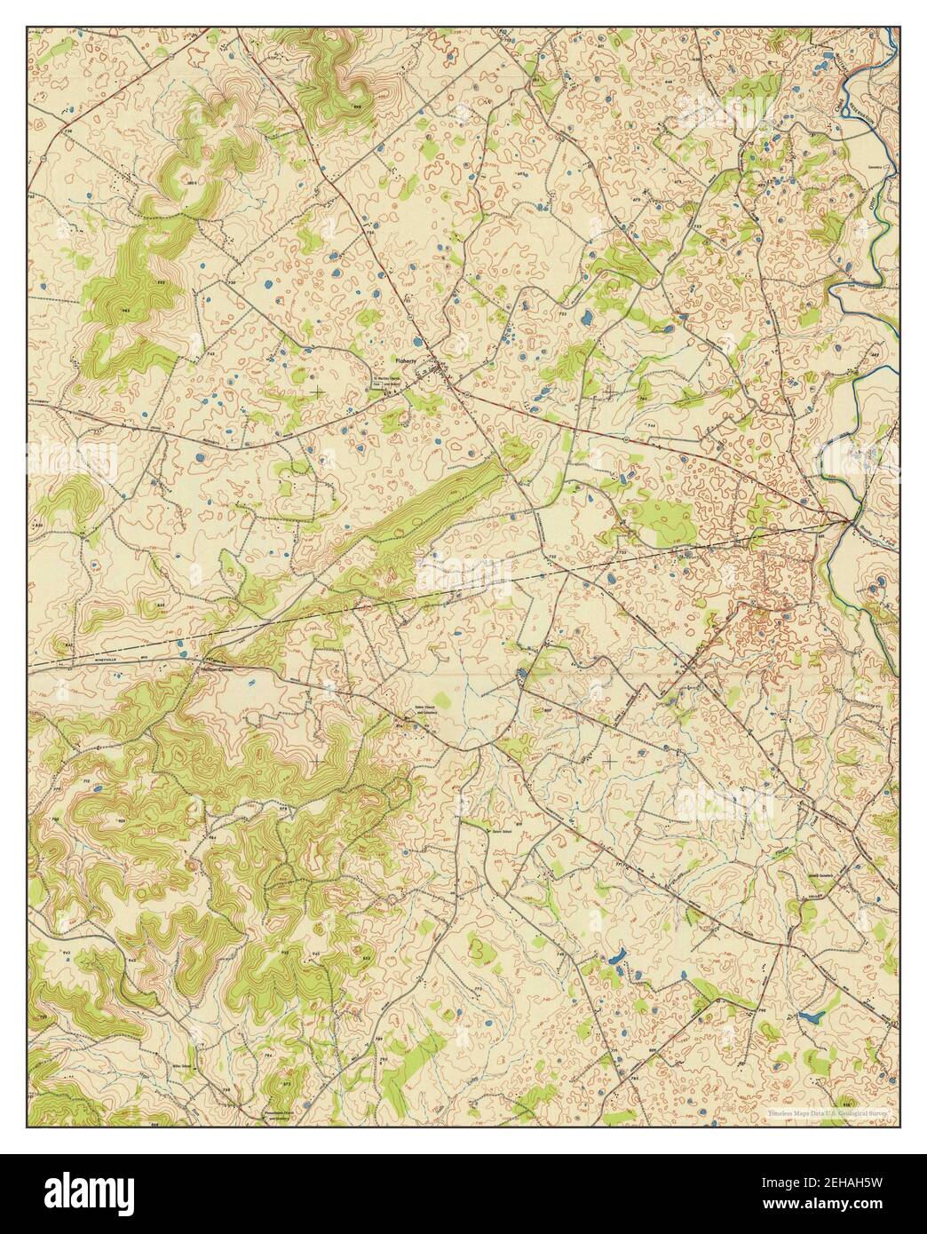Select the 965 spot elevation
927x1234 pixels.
click(x=126, y=311)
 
